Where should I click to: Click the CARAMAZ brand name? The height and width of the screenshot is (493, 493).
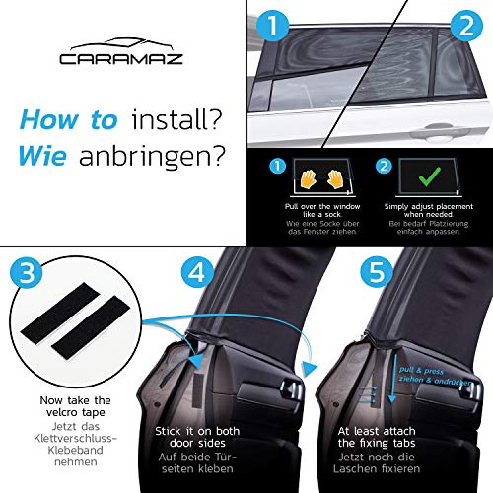[x=121, y=59]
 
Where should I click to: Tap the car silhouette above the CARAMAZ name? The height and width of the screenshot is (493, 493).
[x=121, y=44]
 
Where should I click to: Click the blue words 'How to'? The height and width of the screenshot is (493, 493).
[x=68, y=120]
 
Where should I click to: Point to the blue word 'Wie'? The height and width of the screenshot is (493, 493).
[x=42, y=155]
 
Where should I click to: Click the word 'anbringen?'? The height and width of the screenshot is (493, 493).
[x=152, y=157]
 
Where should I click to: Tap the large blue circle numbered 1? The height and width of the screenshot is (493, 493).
[x=272, y=26]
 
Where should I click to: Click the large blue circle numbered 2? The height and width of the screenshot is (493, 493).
[x=466, y=26]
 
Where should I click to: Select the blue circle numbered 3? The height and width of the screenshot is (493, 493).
[x=27, y=272]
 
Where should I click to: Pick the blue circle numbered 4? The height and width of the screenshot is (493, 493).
[x=198, y=272]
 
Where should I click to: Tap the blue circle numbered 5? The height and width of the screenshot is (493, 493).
[x=377, y=272]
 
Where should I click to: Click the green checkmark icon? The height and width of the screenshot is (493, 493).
[x=430, y=176]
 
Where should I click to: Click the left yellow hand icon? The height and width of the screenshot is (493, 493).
[x=308, y=179]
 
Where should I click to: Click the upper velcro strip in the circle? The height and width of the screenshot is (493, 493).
[x=57, y=314]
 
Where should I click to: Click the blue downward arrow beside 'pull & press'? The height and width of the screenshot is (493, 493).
[x=392, y=378]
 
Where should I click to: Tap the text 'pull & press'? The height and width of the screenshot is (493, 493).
[x=421, y=371]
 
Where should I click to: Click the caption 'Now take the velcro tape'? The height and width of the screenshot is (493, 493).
[x=75, y=406]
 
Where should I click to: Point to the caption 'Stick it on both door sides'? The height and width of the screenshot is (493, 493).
[x=197, y=437]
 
